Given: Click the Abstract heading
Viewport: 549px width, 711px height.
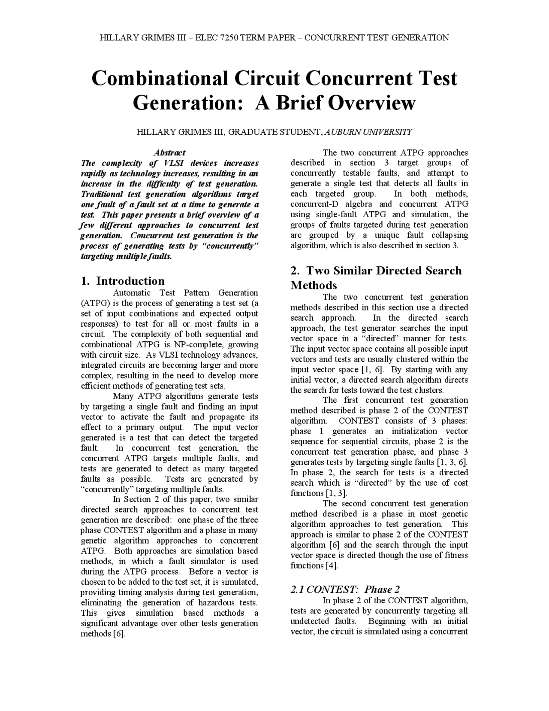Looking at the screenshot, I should pos(170,153).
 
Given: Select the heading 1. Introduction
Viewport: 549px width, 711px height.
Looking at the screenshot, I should pos(123,281).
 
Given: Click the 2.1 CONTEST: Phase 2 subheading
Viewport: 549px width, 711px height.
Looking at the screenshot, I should pos(345,589).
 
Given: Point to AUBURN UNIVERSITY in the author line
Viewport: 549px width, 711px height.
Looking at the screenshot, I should pos(368,132).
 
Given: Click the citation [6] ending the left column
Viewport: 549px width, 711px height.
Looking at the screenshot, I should pos(119,634).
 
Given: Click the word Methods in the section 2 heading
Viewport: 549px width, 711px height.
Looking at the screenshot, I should pos(314,286).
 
